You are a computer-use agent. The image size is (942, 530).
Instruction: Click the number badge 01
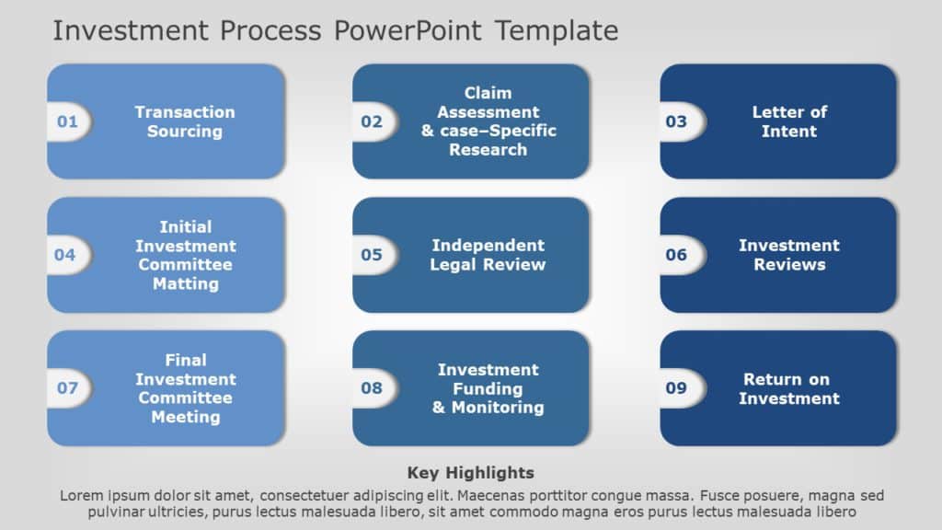point(68,121)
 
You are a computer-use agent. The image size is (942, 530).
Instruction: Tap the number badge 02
point(372,121)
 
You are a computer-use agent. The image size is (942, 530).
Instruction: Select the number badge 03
point(676,121)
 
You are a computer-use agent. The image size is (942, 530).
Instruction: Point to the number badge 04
point(65,255)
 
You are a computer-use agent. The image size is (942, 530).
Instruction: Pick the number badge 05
point(372,255)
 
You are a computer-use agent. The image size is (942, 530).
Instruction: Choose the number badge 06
point(676,255)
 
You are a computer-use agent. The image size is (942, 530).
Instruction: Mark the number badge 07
point(68,388)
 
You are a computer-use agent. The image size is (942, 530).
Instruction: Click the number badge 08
point(372,388)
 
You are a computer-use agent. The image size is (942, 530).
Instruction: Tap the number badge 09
point(676,388)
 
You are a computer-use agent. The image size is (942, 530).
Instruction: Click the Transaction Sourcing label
point(185,121)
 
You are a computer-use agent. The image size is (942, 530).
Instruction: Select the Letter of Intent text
point(789,121)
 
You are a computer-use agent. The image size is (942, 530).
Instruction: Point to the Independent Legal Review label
point(488,255)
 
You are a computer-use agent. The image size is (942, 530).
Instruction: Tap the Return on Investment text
point(788,388)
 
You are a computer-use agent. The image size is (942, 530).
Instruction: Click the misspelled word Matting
point(185,283)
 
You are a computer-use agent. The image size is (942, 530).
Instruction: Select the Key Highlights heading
point(470,473)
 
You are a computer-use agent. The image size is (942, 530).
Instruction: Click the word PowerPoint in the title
point(408,30)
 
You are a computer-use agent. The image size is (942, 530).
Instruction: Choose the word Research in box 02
point(488,150)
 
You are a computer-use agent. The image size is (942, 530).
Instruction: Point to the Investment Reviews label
point(789,255)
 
